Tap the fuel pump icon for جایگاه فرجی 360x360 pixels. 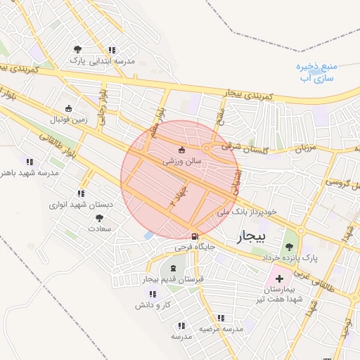coord(194,236)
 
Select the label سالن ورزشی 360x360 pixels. coord(183,161)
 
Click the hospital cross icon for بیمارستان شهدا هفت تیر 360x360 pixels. coord(279,278)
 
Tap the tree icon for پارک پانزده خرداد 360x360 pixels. coord(289,246)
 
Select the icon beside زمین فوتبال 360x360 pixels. coord(68,108)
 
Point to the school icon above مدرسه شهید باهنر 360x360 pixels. coord(29,161)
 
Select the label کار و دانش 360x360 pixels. coord(155,304)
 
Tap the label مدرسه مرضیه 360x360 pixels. coord(220,328)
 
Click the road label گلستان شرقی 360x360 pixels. coord(236,147)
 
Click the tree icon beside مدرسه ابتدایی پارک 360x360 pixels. coord(77,49)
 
